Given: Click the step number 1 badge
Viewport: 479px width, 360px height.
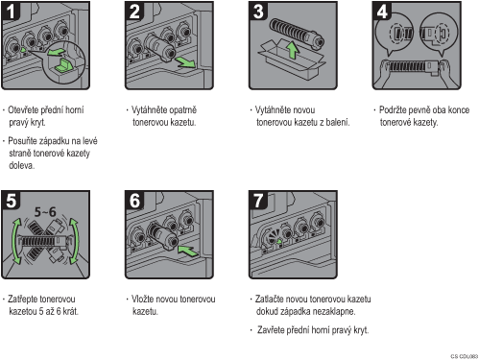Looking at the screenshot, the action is (x=10, y=11).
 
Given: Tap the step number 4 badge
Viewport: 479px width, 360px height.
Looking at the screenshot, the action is (x=381, y=11).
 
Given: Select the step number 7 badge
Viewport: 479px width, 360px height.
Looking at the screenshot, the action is (x=257, y=201).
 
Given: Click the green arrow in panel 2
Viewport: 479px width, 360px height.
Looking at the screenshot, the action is (x=184, y=62).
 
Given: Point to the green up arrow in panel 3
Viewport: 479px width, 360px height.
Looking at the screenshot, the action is (x=292, y=50).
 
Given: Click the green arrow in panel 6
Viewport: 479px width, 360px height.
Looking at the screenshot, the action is (x=188, y=251).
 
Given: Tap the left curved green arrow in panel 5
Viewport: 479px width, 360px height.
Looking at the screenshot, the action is (x=16, y=241).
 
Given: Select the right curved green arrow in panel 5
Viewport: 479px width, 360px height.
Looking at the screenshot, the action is (x=74, y=241).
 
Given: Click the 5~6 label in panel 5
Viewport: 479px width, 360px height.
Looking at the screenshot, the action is (x=45, y=211).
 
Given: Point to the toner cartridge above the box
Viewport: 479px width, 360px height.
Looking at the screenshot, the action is (x=297, y=33).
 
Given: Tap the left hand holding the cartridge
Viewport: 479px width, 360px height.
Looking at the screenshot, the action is (x=385, y=71).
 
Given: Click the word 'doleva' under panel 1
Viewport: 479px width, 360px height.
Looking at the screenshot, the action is (x=21, y=165).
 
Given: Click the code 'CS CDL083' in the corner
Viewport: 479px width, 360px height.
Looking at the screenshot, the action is (x=464, y=356).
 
